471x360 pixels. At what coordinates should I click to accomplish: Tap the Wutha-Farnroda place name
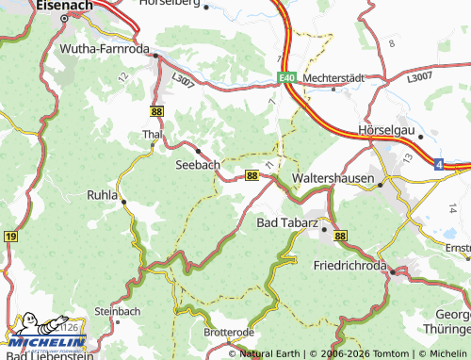[x=101, y=48]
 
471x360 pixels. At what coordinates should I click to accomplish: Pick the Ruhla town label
[x=100, y=196]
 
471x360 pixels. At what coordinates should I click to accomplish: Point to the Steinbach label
[x=117, y=309]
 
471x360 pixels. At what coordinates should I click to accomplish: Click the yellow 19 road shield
[x=9, y=237]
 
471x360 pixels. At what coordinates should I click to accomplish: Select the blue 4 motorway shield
[x=439, y=164]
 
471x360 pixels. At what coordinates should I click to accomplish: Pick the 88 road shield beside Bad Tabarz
[x=340, y=236]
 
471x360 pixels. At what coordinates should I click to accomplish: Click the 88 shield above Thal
[x=156, y=110]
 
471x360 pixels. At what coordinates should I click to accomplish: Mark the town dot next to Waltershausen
[x=381, y=185]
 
